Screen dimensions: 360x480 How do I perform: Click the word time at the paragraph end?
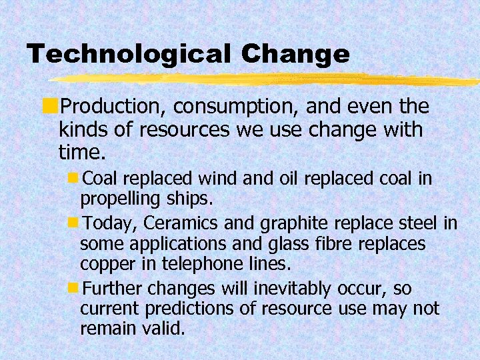(79, 153)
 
